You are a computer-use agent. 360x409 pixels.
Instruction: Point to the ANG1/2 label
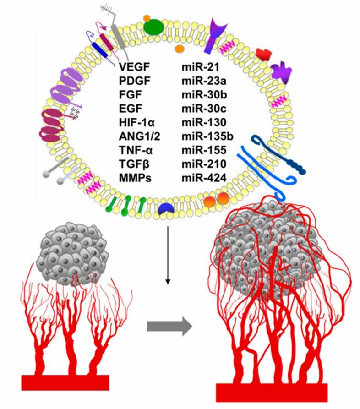[x=136, y=137]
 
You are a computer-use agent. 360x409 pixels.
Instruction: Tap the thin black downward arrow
[x=169, y=257]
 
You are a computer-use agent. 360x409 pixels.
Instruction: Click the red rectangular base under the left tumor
[x=65, y=382]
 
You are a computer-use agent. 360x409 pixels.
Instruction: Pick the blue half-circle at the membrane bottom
[x=165, y=209]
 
